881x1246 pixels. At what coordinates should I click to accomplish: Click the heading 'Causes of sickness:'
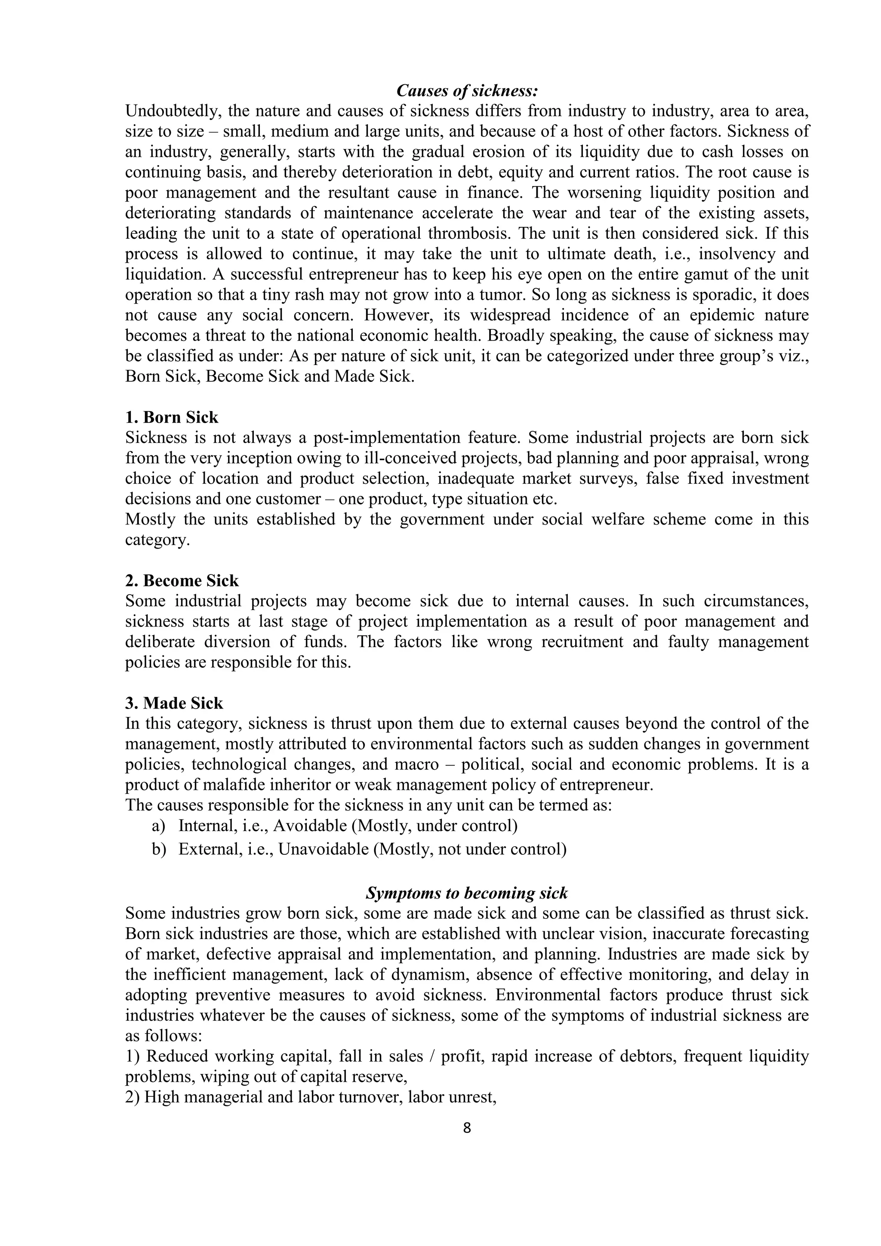(467, 90)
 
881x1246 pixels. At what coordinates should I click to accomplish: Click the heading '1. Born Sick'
(172, 417)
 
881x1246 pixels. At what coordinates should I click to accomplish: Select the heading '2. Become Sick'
(182, 581)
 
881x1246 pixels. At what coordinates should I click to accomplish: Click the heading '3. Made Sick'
(174, 703)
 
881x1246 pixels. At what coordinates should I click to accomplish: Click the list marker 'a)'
(158, 826)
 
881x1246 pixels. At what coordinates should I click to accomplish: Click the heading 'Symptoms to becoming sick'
(467, 893)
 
